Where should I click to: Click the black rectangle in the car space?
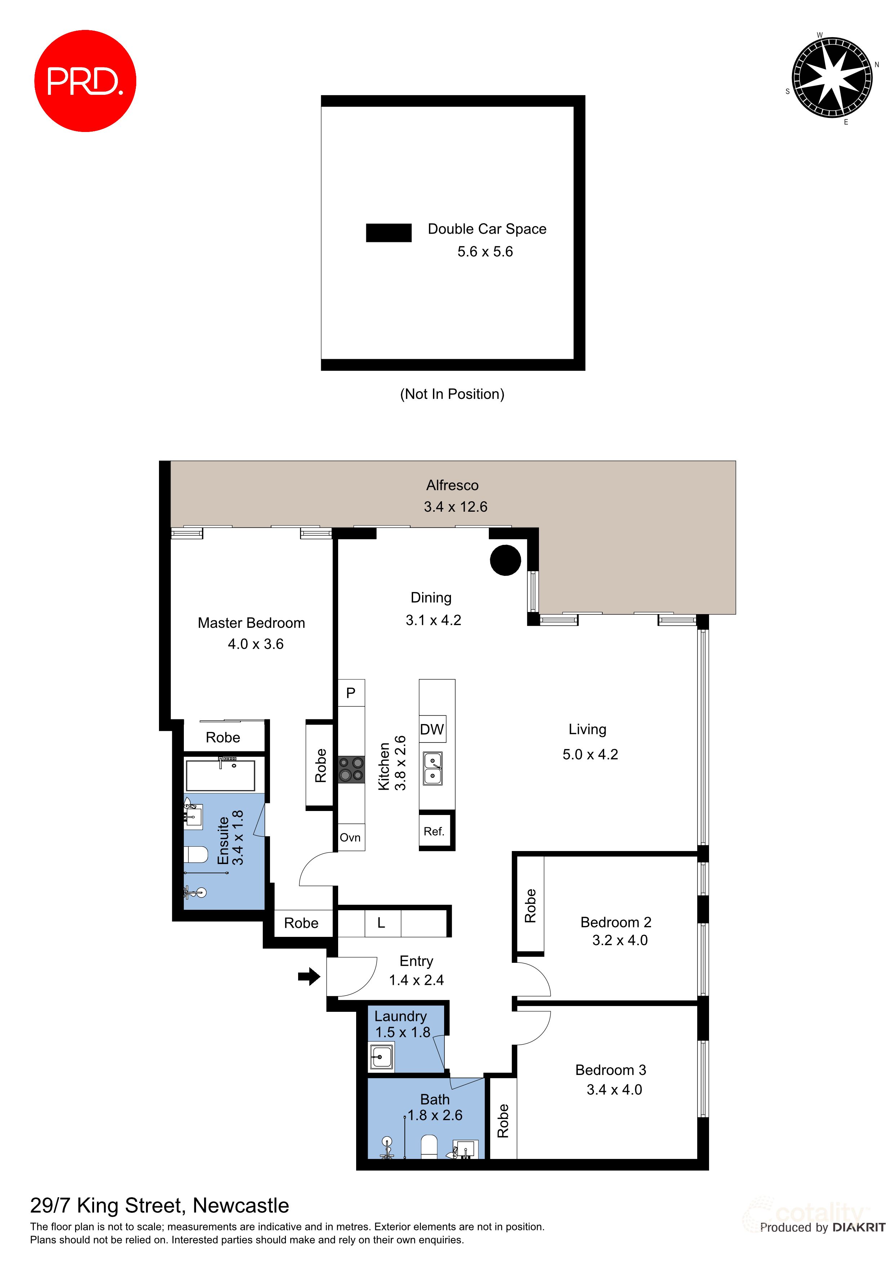coord(388,233)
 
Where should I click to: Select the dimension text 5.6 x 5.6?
coord(485,252)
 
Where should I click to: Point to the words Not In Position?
coord(452,394)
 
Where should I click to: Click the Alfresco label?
coord(452,485)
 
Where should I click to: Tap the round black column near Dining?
coord(505,560)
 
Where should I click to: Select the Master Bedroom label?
coord(251,622)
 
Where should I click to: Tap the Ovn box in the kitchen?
coord(350,837)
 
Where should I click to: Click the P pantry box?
coord(351,693)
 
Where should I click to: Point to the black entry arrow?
coord(309,977)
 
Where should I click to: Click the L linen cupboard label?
coord(381,923)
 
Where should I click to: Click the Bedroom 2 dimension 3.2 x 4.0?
coord(620,940)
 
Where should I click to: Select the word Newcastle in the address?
coord(241,1206)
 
